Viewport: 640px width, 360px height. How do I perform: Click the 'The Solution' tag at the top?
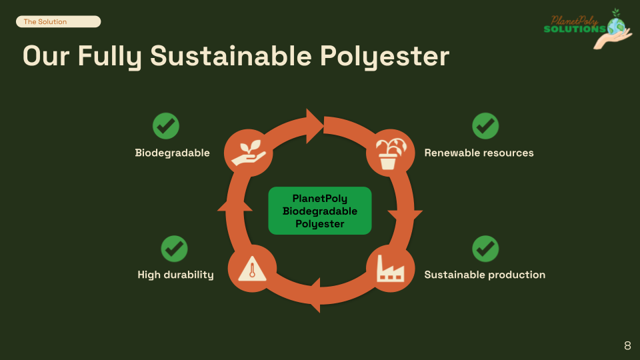tap(58, 22)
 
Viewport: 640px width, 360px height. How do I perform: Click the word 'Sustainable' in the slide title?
tap(231, 56)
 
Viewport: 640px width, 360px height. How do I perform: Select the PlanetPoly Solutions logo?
tap(586, 29)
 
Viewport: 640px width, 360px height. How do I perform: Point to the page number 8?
tap(627, 345)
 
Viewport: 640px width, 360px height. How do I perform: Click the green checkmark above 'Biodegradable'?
tap(166, 126)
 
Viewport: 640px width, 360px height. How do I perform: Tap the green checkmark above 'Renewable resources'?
tap(485, 126)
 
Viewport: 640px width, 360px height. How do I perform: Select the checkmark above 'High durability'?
tap(175, 249)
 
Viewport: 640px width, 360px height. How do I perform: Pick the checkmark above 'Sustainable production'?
tap(485, 249)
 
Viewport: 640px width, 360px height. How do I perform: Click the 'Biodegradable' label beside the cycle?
tap(173, 153)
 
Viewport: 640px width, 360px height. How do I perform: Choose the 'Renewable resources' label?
tap(479, 153)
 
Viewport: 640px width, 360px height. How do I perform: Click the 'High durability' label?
tap(175, 275)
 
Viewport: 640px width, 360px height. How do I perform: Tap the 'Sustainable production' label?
tap(485, 275)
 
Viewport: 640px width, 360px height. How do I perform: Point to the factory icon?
tap(390, 270)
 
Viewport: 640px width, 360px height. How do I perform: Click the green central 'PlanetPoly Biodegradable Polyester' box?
tap(320, 211)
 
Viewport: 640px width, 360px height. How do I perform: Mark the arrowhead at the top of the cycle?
tap(313, 123)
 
